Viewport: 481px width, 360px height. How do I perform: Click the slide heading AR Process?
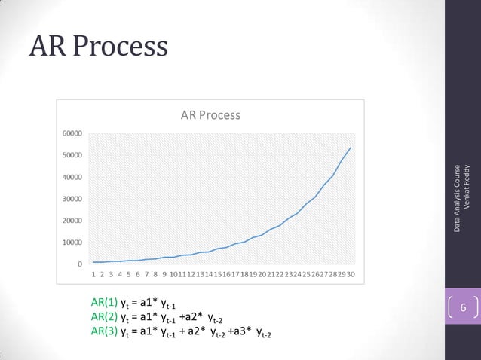[97, 47]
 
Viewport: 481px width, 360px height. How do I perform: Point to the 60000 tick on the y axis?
[72, 133]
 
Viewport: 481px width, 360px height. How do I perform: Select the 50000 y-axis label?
[72, 155]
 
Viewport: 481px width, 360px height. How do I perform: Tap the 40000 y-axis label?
[72, 178]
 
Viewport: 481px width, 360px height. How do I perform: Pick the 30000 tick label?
[72, 200]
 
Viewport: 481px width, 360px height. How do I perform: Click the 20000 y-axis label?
[72, 221]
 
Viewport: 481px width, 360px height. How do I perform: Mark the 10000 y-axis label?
[72, 243]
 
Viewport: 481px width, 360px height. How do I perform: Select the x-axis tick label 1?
[94, 275]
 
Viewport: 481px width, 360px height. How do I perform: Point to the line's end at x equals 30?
[351, 148]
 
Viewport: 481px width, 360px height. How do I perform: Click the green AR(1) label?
[105, 304]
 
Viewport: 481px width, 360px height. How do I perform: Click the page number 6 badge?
[463, 310]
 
